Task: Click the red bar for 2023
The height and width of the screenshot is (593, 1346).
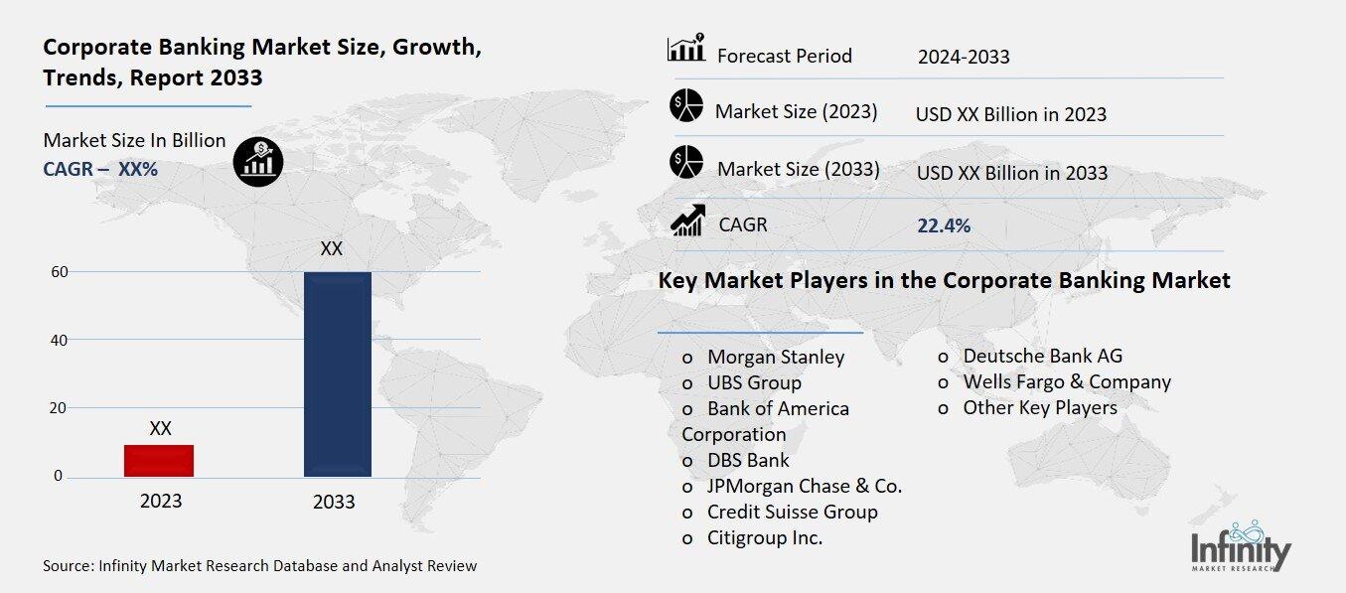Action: click(159, 461)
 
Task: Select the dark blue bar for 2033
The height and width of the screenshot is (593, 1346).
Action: click(338, 374)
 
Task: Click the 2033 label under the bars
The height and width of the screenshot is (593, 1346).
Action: click(334, 502)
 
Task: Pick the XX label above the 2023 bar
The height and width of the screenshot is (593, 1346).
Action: click(160, 429)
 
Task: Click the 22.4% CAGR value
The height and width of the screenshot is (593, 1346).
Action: click(944, 225)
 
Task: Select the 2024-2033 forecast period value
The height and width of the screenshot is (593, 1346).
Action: click(964, 57)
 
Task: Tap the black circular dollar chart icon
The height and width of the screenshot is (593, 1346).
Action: click(258, 162)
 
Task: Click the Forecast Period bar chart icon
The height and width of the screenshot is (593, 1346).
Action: click(685, 49)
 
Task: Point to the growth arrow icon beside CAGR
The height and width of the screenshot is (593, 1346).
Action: click(687, 221)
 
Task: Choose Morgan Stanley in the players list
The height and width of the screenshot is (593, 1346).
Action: click(776, 357)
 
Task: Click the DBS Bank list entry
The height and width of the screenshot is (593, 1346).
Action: click(748, 460)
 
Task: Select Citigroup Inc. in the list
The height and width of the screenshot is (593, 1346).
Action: click(765, 537)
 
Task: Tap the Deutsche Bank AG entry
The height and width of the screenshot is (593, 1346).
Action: click(1043, 356)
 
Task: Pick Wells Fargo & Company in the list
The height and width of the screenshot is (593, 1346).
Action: click(1067, 381)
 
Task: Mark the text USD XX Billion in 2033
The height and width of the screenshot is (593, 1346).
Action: click(1011, 172)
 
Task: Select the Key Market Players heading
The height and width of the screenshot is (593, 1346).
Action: click(944, 281)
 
